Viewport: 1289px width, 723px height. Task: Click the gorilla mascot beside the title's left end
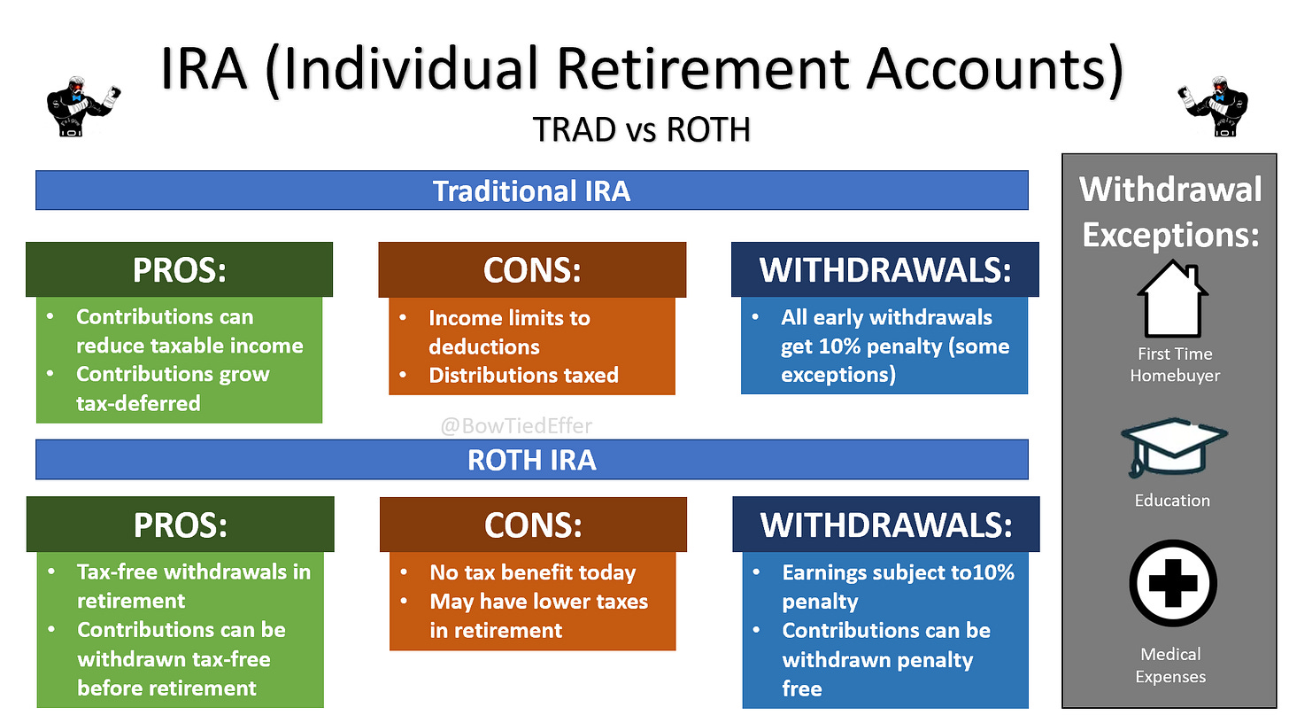coord(83,106)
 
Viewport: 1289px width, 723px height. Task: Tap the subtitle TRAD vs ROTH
coord(642,129)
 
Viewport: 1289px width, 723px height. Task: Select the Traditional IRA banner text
coord(531,190)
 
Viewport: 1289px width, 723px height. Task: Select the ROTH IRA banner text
coord(531,460)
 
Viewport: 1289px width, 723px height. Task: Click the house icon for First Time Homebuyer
coord(1173,299)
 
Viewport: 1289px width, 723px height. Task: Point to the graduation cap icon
coord(1174,447)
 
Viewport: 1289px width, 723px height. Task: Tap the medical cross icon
coord(1173,583)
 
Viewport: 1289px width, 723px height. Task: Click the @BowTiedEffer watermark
coord(516,425)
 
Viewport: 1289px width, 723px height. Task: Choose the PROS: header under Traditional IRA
coord(180,269)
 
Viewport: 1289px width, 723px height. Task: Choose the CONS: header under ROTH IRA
coord(533,525)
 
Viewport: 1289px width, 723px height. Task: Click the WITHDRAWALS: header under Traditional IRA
coord(885,269)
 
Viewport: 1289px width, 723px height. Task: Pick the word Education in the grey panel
coord(1172,500)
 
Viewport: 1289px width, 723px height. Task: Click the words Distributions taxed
coord(524,375)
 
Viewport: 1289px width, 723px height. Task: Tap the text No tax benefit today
coord(533,572)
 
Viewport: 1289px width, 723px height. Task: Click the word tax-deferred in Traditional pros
coord(138,403)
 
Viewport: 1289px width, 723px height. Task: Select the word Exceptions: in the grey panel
coord(1170,235)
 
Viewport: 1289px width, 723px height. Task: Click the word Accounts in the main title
coord(995,69)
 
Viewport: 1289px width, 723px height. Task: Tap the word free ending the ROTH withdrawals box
coord(801,688)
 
